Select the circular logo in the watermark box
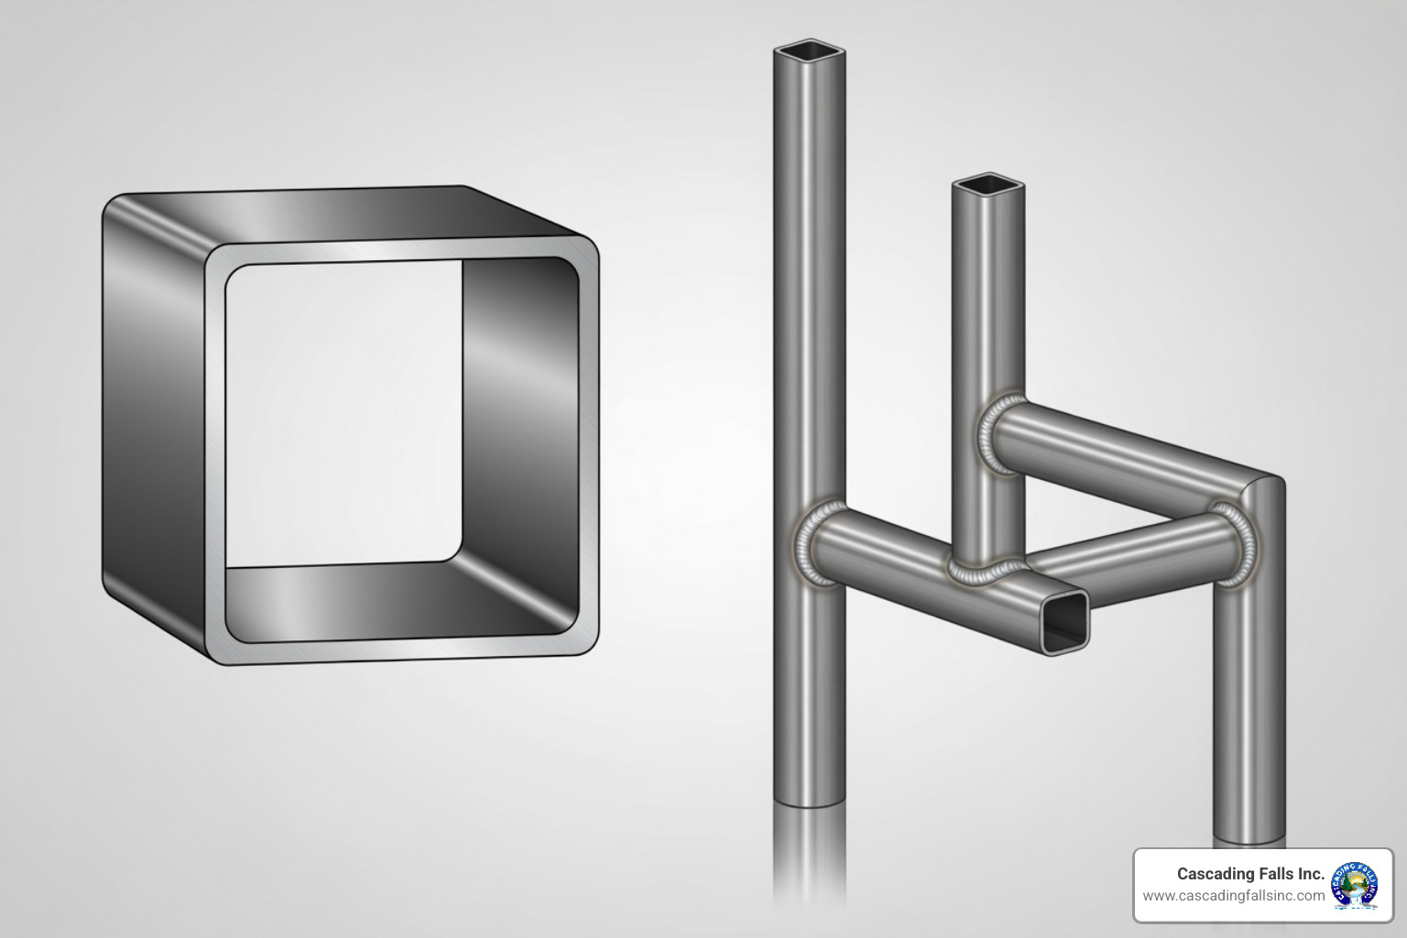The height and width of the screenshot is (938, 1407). click(x=1355, y=885)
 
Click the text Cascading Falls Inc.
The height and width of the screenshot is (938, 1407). click(x=1250, y=874)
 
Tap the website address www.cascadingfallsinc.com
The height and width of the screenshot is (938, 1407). click(x=1233, y=896)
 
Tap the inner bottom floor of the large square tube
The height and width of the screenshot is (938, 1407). click(x=385, y=595)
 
